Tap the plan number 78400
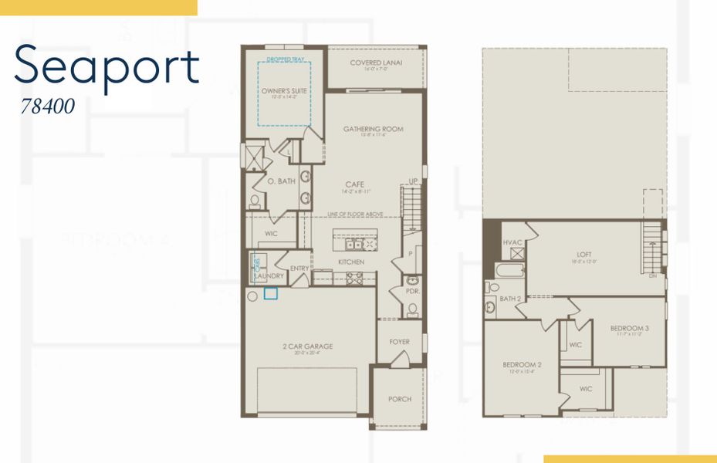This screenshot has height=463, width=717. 48,106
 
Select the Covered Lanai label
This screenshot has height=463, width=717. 376,63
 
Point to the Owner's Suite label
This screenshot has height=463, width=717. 284,91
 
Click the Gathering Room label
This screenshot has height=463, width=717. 374,129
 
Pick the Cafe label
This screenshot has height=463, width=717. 354,184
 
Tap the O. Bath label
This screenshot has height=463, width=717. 282,181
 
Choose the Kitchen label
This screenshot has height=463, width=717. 351,262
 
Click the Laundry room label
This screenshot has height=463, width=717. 269,275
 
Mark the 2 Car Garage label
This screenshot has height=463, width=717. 307,346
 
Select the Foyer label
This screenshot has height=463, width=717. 400,342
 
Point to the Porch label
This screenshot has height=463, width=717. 400,399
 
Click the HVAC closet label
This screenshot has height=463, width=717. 513,242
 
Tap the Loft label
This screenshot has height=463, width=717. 584,254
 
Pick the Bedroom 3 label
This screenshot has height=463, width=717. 629,328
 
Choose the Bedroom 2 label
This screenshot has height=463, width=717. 522,364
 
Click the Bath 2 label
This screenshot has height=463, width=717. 510,298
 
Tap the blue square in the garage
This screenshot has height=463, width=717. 271,293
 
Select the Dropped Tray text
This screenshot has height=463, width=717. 284,59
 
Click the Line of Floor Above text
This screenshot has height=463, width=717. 354,214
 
